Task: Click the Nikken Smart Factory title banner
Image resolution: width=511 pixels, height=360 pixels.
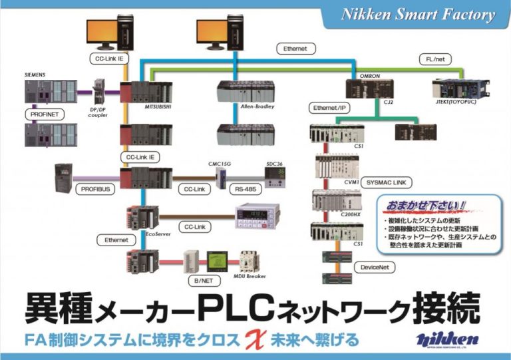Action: tap(418, 15)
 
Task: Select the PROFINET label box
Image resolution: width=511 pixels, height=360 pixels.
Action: tap(43, 114)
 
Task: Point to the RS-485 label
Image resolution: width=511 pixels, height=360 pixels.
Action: tap(247, 188)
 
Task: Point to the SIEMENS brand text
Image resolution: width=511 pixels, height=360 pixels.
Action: tap(35, 75)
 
